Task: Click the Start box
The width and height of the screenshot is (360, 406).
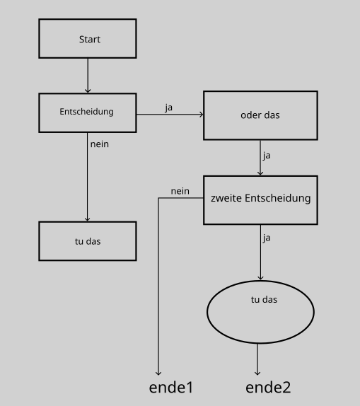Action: click(x=88, y=38)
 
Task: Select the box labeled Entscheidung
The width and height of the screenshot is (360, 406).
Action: click(x=88, y=113)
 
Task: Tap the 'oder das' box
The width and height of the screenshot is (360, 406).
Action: click(x=260, y=115)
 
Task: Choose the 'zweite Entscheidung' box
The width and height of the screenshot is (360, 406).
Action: click(x=260, y=200)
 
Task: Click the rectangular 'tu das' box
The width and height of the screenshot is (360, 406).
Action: click(x=88, y=241)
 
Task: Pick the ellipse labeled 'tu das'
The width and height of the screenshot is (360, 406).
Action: click(x=260, y=312)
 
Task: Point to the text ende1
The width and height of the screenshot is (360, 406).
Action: click(x=171, y=388)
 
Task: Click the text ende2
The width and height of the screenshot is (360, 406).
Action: click(x=268, y=388)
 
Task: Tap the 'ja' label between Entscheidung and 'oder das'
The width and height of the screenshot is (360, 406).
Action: click(x=168, y=108)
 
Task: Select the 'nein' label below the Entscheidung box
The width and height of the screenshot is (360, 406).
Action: click(x=100, y=144)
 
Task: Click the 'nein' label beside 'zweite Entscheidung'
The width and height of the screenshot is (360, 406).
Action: click(x=180, y=191)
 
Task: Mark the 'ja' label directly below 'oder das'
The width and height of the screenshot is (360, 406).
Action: click(x=267, y=156)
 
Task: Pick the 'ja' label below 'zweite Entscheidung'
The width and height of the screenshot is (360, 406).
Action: click(x=267, y=238)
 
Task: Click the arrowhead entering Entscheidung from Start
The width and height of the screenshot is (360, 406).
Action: click(x=88, y=91)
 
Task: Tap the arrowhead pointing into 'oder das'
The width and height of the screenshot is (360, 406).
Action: click(x=202, y=114)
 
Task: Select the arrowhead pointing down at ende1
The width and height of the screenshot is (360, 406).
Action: click(x=158, y=373)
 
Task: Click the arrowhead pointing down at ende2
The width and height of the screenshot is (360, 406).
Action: click(x=257, y=373)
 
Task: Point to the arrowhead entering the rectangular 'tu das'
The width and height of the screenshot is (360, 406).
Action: click(x=87, y=219)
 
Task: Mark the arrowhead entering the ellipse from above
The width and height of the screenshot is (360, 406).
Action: click(x=260, y=278)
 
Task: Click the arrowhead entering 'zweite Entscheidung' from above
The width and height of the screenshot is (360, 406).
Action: click(x=260, y=173)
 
